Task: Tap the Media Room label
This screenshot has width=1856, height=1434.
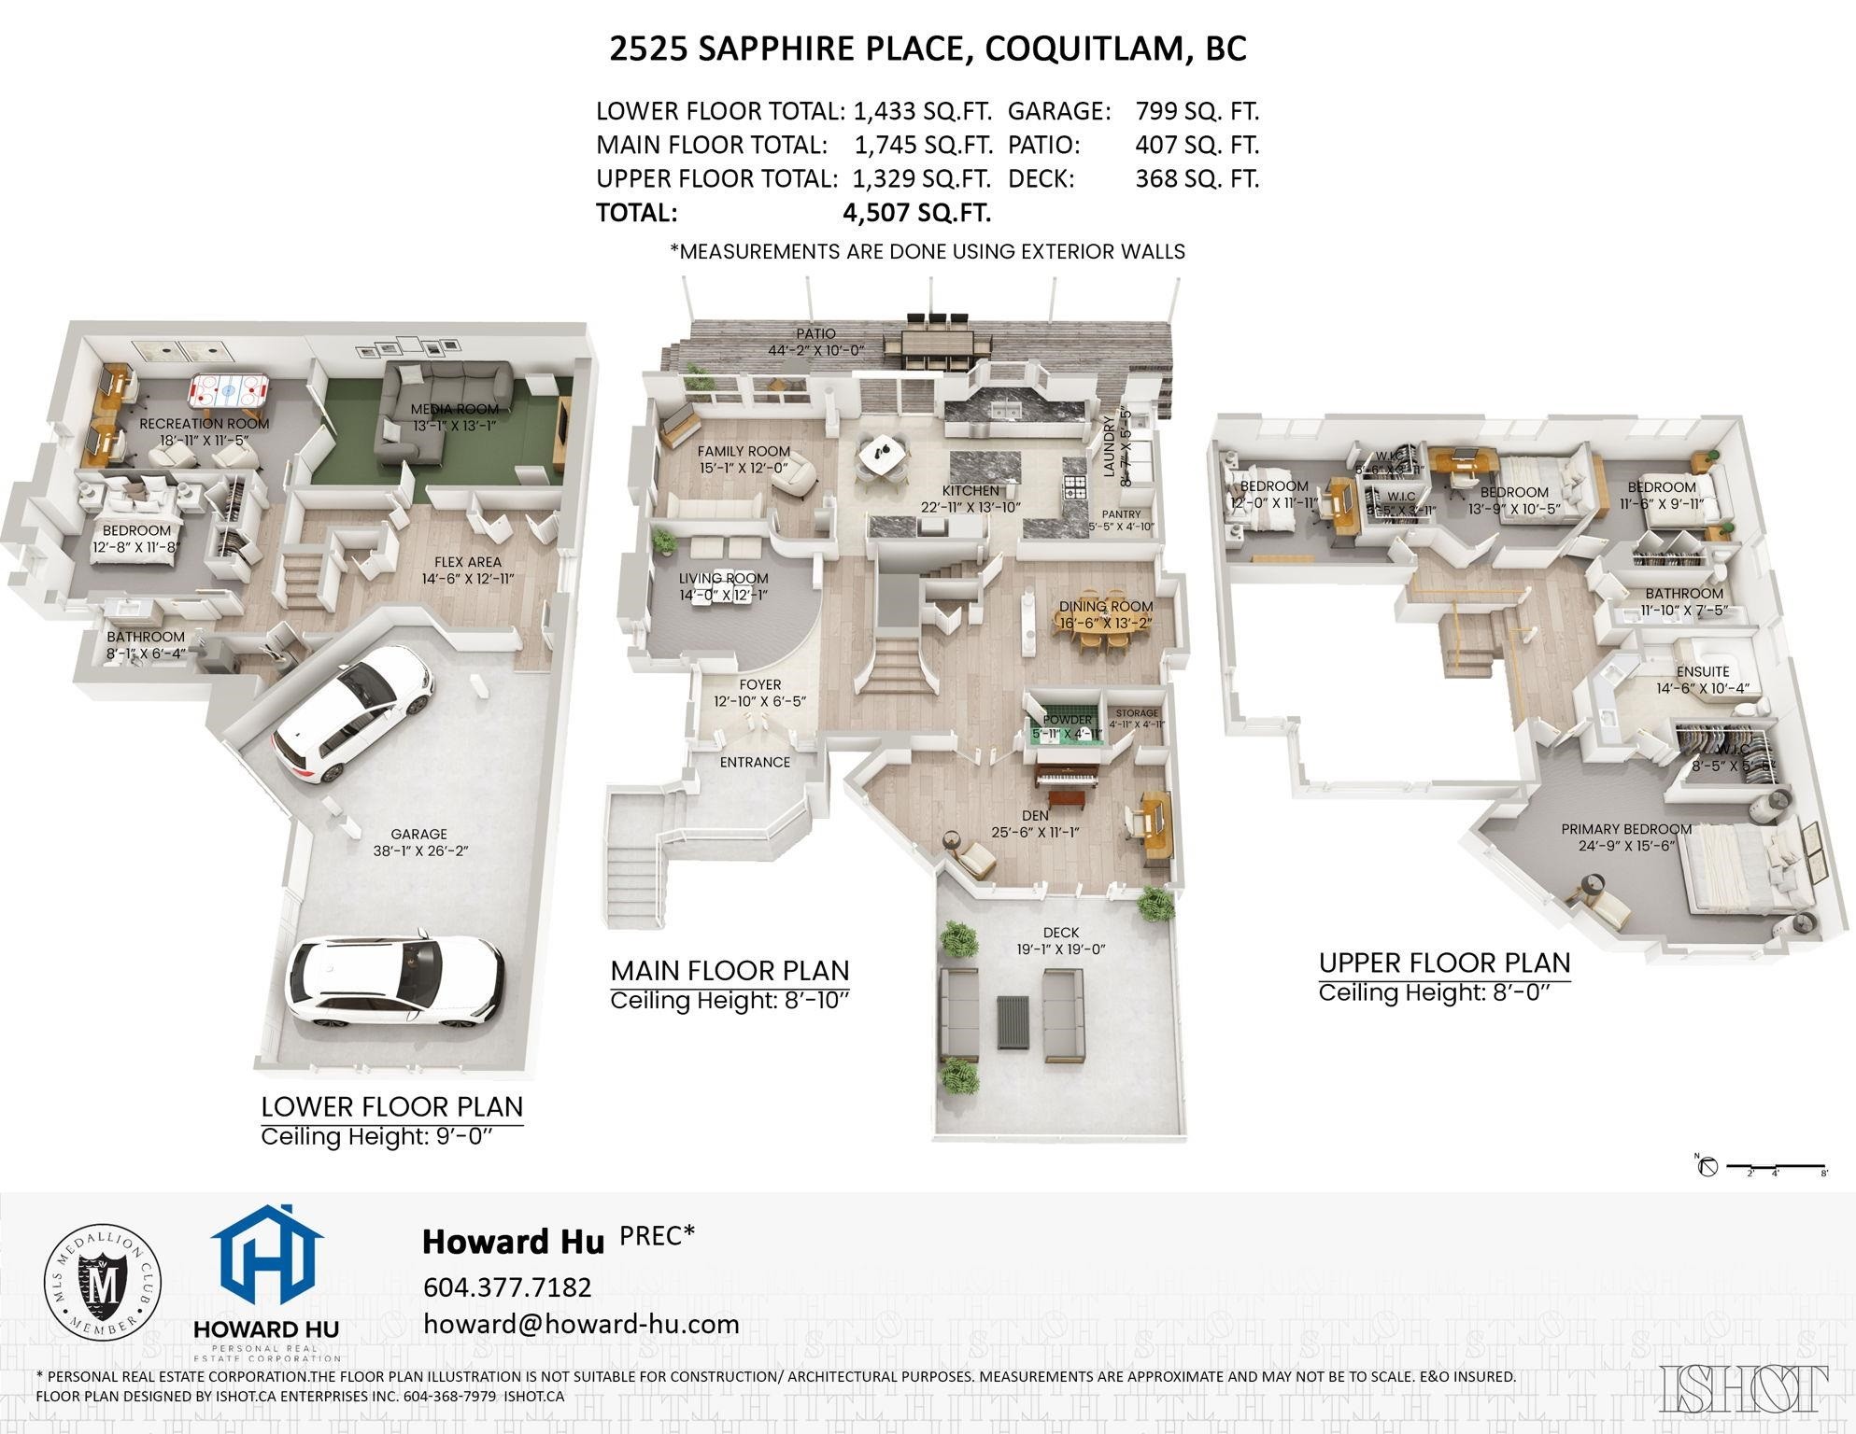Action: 455,409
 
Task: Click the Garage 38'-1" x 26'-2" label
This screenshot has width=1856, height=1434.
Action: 418,842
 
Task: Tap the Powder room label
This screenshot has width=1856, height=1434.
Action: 1067,720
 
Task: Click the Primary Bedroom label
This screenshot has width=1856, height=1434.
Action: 1625,829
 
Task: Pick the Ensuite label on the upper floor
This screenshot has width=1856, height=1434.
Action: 1702,671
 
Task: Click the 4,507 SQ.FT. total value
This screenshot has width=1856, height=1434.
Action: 915,213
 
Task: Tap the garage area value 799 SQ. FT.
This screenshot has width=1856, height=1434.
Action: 1197,112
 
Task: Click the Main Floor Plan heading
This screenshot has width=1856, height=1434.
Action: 730,971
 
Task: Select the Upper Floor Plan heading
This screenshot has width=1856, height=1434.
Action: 1443,963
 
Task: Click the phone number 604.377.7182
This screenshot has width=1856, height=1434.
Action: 507,1287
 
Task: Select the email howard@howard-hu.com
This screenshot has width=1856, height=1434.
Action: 581,1324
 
